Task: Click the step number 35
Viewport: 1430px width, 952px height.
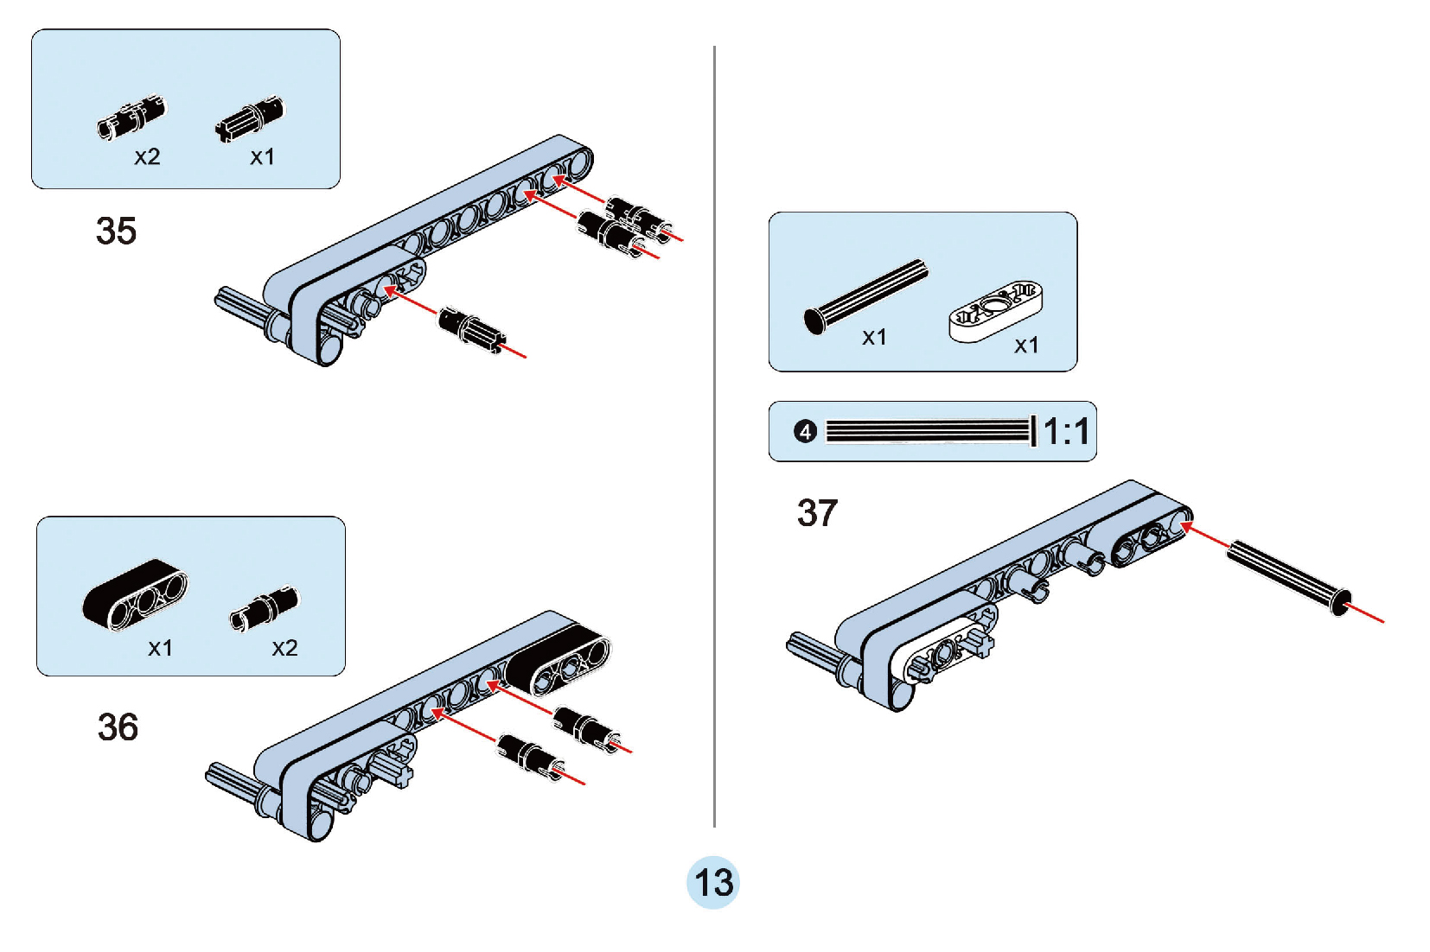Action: pyautogui.click(x=116, y=232)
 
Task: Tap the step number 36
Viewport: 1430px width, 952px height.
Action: pyautogui.click(x=118, y=727)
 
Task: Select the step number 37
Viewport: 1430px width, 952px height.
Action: pyautogui.click(x=817, y=513)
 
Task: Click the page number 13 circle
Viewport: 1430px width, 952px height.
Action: pyautogui.click(x=713, y=883)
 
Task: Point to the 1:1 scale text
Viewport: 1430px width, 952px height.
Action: pyautogui.click(x=1066, y=431)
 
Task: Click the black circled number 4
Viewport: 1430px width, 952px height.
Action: pyautogui.click(x=805, y=431)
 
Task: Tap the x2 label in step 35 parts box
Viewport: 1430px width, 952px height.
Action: pyautogui.click(x=147, y=157)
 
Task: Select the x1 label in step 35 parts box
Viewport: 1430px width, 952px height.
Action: pyautogui.click(x=262, y=157)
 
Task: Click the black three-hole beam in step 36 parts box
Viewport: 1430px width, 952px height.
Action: pyautogui.click(x=135, y=594)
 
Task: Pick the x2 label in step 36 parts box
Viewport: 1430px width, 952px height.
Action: pyautogui.click(x=284, y=648)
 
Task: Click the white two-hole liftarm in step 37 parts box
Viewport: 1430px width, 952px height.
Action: pyautogui.click(x=995, y=310)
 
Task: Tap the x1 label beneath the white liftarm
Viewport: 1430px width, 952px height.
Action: pyautogui.click(x=1026, y=346)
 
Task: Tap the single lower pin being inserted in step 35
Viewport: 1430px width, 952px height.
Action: pyautogui.click(x=471, y=330)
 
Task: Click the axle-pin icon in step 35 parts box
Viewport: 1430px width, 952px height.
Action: pyautogui.click(x=249, y=119)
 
